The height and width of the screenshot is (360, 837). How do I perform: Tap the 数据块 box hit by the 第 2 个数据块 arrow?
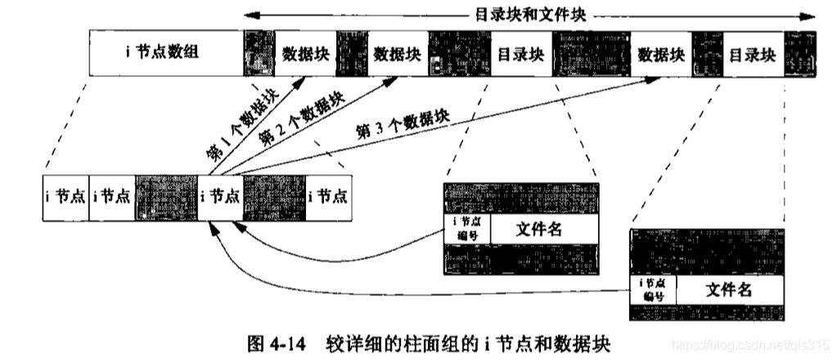point(396,55)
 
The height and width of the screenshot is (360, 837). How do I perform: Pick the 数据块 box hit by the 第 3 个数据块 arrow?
point(661,55)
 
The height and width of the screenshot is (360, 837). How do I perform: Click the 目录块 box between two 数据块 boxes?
point(521,55)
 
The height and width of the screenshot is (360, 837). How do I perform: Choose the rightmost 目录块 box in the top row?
point(752,55)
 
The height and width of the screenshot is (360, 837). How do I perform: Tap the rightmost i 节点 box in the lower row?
point(327,196)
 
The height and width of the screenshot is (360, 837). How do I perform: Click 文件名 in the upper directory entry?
point(540,230)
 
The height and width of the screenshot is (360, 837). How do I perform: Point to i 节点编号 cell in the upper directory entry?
point(467,230)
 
